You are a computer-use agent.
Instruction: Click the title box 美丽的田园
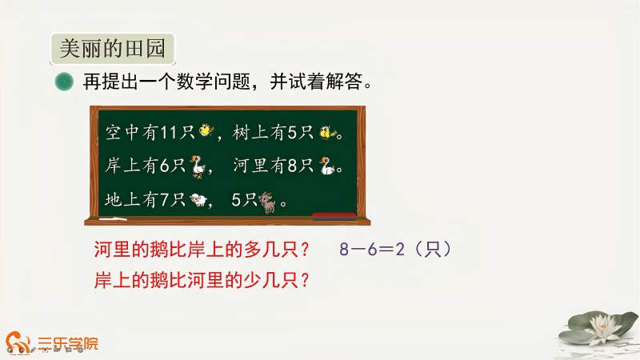click(112, 50)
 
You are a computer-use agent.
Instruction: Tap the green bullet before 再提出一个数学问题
click(63, 82)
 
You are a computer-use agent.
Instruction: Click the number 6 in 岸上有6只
click(164, 166)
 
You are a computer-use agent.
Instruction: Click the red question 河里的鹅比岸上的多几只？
click(202, 250)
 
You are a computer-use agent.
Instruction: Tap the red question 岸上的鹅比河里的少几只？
click(202, 281)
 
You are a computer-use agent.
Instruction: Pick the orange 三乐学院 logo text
click(67, 345)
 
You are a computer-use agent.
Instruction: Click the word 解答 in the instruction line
click(341, 82)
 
